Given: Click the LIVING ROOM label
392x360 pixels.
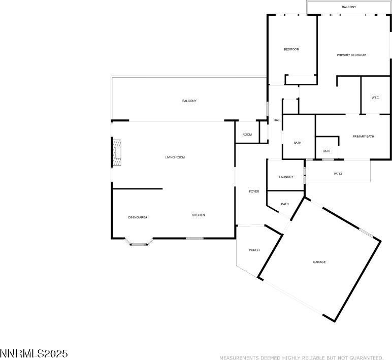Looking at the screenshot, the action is [175, 157].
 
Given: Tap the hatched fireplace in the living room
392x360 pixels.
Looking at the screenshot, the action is [117, 152].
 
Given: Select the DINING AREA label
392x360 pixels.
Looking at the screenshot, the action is [138, 217].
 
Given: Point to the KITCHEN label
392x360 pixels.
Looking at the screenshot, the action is [198, 215].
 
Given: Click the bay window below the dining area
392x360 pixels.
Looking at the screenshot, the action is [139, 243].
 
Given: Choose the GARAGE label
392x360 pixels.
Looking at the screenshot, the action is [319, 262].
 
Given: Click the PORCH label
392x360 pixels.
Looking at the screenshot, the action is [254, 250].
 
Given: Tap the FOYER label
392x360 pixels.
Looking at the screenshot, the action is [254, 191].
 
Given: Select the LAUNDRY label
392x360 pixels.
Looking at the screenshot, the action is [286, 177].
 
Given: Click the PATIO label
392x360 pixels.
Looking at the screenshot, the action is [338, 174].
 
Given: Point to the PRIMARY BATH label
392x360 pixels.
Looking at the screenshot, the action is [363, 136].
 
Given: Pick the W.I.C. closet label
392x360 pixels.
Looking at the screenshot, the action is [375, 97].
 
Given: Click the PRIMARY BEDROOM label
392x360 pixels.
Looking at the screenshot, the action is [351, 55].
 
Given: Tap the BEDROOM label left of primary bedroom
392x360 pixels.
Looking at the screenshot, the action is [291, 49].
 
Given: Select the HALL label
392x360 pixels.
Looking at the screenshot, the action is [277, 120].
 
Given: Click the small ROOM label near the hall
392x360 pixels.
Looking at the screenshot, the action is [247, 135].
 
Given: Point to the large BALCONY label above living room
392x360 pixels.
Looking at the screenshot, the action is [189, 101].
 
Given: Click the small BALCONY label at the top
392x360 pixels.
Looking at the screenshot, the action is [349, 7].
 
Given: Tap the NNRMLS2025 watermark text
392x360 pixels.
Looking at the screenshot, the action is [34, 354].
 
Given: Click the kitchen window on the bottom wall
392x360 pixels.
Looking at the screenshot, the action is [195, 238].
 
